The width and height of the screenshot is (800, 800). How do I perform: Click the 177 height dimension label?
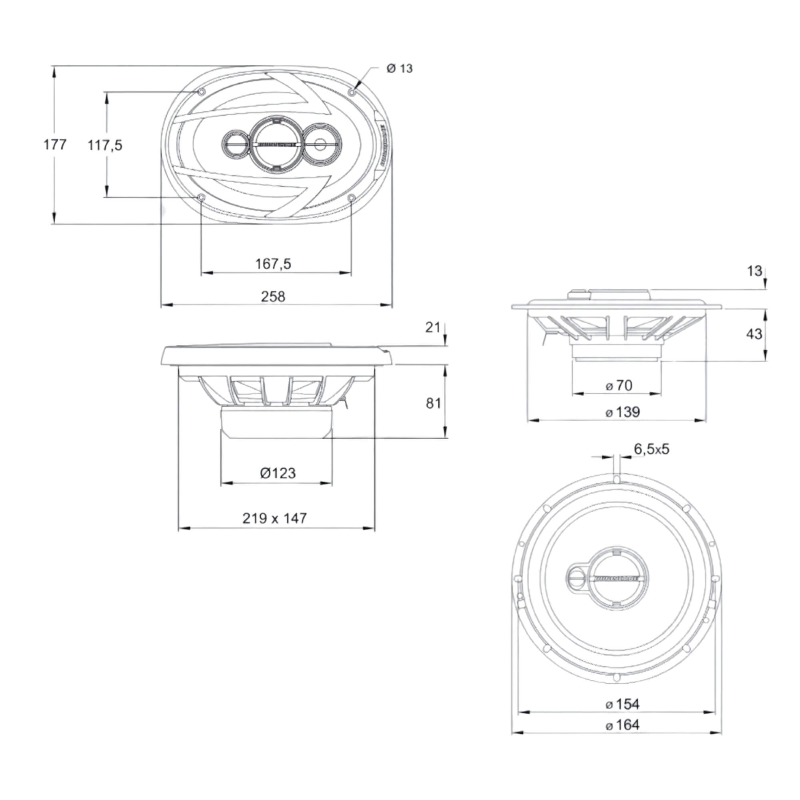click(x=55, y=144)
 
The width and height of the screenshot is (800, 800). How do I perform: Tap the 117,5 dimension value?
click(x=105, y=145)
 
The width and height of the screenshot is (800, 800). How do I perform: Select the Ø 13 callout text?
click(x=400, y=68)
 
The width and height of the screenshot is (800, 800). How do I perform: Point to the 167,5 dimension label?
click(x=273, y=264)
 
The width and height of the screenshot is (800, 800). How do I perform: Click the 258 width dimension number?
click(x=273, y=296)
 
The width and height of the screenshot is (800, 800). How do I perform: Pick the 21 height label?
click(x=433, y=328)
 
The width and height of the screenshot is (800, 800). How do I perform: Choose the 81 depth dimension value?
click(x=434, y=403)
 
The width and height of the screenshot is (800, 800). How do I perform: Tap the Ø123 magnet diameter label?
click(x=278, y=473)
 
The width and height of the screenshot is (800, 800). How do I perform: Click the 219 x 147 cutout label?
click(x=274, y=518)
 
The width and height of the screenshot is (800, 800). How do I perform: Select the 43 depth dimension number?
click(x=754, y=334)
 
